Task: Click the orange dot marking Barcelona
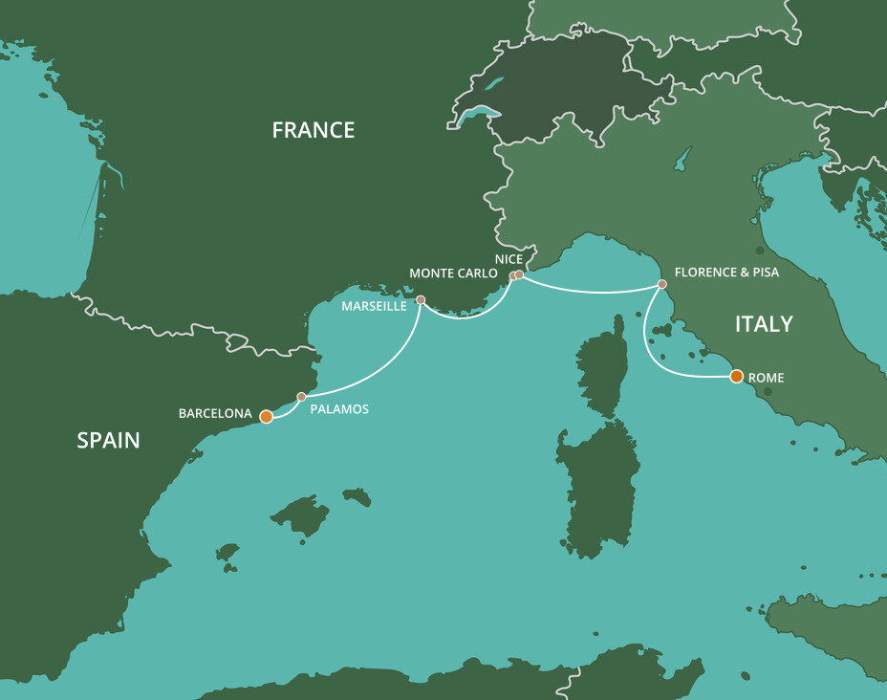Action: (x=267, y=416)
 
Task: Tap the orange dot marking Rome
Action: (x=736, y=376)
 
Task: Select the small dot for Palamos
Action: (x=301, y=396)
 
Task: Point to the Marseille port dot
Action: (x=421, y=299)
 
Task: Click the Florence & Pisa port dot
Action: (x=661, y=284)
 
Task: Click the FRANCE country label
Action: (x=313, y=130)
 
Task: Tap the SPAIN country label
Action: (x=108, y=440)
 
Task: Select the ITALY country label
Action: (x=764, y=324)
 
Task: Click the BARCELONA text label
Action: (x=215, y=414)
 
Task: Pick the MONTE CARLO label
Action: (x=453, y=273)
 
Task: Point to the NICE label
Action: (x=508, y=259)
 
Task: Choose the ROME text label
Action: (x=766, y=378)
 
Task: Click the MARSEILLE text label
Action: (x=374, y=306)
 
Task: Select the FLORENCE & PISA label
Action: (x=726, y=273)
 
